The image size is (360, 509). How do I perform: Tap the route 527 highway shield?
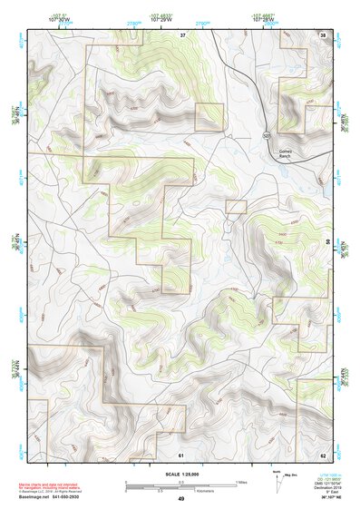pyautogui.click(x=267, y=135)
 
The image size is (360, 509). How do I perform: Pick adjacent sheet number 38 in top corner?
pyautogui.click(x=324, y=34)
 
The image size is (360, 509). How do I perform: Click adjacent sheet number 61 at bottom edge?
pyautogui.click(x=181, y=453)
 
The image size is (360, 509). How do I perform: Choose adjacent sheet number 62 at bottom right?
pyautogui.click(x=324, y=453)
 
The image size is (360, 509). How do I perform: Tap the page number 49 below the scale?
pyautogui.click(x=180, y=499)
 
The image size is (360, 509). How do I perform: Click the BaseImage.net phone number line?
pyautogui.click(x=56, y=496)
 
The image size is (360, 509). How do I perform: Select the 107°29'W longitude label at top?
pyautogui.click(x=159, y=20)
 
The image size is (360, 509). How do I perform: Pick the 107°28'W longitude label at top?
pyautogui.click(x=261, y=20)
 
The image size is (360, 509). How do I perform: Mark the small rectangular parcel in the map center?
pyautogui.click(x=236, y=207)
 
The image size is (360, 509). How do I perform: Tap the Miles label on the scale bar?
pyautogui.click(x=241, y=481)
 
